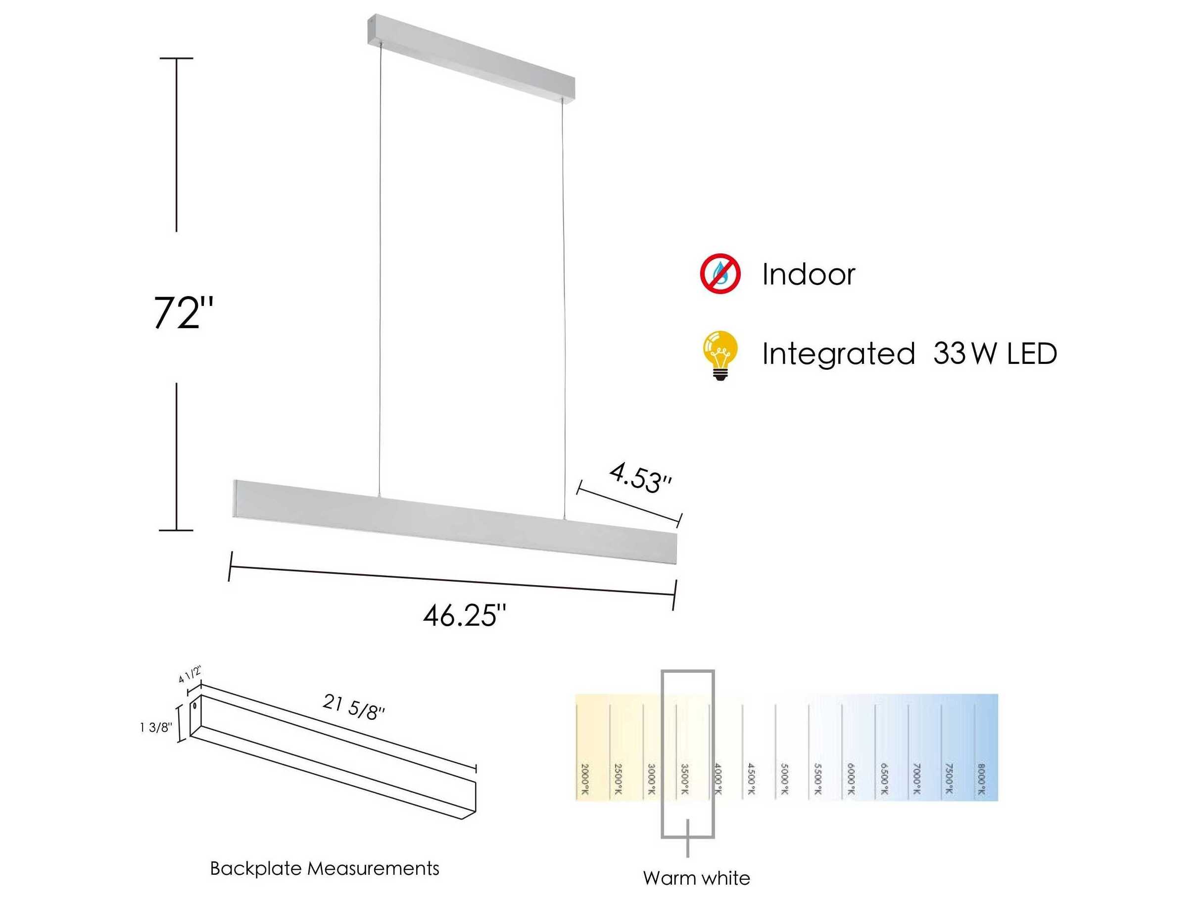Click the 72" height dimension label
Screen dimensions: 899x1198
pyautogui.click(x=183, y=313)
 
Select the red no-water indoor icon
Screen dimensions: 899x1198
pyautogui.click(x=720, y=274)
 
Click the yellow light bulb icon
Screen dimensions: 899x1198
pyautogui.click(x=720, y=355)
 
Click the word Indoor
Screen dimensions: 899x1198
pyautogui.click(x=808, y=275)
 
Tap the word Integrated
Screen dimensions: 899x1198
pyautogui.click(x=838, y=354)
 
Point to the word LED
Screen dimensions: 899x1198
pyautogui.click(x=1032, y=354)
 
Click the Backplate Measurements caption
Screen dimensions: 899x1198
pyautogui.click(x=325, y=869)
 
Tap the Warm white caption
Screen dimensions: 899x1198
pyautogui.click(x=697, y=878)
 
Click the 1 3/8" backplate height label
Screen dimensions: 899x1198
pyautogui.click(x=156, y=727)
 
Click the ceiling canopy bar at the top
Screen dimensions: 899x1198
pyautogui.click(x=471, y=57)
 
